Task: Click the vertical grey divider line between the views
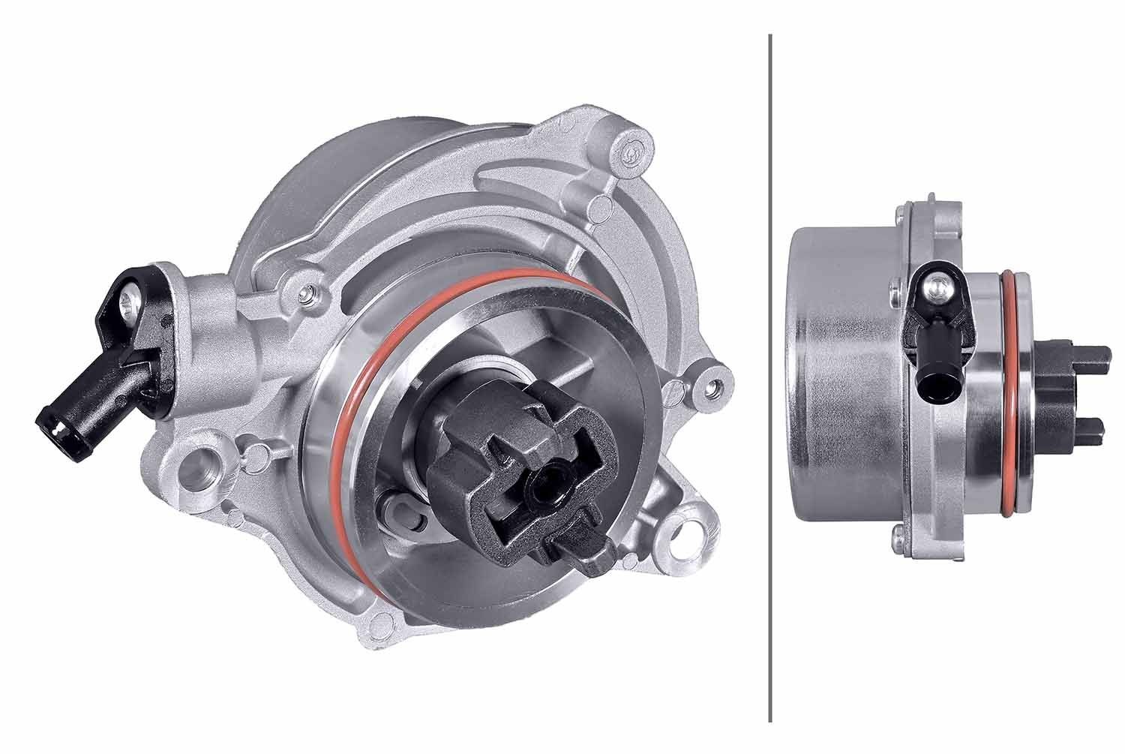point(770,375)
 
